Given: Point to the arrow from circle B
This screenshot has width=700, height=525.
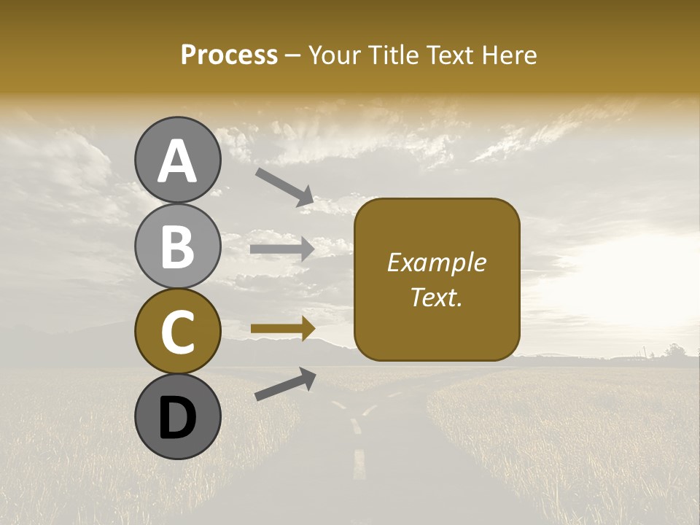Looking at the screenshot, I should point(282,249).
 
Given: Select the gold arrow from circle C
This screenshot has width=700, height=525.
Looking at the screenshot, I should point(282,329).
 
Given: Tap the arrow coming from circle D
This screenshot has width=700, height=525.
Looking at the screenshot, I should point(285,384).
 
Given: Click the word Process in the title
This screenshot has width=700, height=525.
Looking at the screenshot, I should point(229,55).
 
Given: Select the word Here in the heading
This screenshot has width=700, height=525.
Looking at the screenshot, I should point(510,55).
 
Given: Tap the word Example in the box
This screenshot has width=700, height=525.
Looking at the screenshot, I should point(436,262).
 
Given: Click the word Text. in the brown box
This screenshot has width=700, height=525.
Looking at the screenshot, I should point(436,297).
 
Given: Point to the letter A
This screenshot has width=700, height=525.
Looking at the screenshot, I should point(177,160).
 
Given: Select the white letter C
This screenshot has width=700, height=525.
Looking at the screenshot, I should point(177,332).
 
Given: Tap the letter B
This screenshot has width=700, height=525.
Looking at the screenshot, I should point(177,246).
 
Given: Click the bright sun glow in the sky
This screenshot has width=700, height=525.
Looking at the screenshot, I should point(642,284).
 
